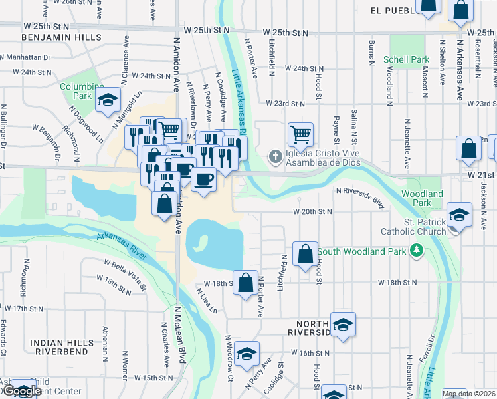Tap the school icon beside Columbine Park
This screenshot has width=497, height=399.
click(106, 100)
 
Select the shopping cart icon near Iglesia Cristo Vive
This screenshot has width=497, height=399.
click(300, 134)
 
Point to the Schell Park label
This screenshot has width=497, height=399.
click(406, 59)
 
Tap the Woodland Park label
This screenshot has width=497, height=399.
click(422, 198)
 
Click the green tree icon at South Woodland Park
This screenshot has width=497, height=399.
click(417, 251)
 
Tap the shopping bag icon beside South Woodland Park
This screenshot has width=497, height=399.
click(305, 253)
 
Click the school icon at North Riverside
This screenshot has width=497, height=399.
click(343, 325)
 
